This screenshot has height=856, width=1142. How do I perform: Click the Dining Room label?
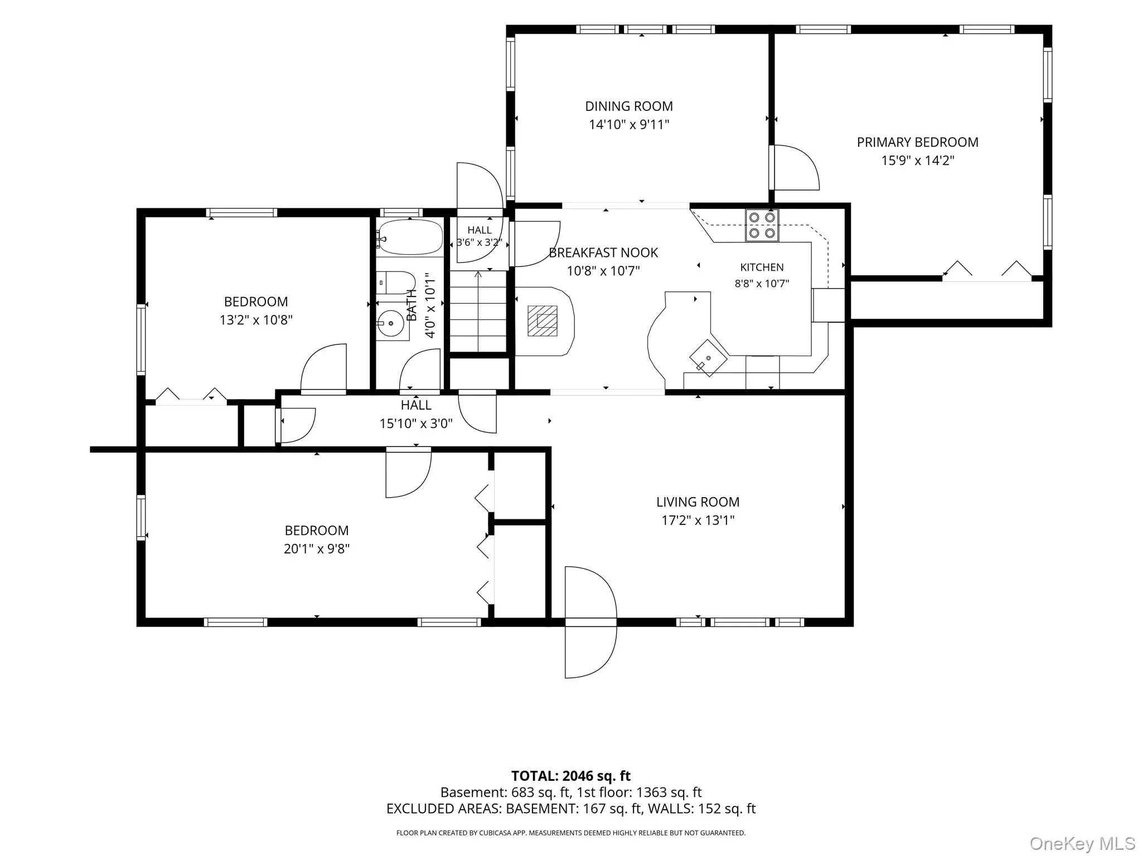pyautogui.click(x=629, y=106)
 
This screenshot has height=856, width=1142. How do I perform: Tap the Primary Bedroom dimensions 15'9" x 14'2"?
pyautogui.click(x=918, y=160)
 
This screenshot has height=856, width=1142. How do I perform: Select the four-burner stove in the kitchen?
pyautogui.click(x=762, y=225)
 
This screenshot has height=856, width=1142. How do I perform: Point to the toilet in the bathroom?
pyautogui.click(x=395, y=283)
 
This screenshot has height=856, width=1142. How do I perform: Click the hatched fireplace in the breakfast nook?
pyautogui.click(x=543, y=320)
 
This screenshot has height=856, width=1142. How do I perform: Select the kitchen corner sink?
pyautogui.click(x=708, y=358)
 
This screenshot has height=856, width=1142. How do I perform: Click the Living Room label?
pyautogui.click(x=698, y=502)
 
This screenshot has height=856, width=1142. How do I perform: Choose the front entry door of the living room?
pyautogui.click(x=591, y=622)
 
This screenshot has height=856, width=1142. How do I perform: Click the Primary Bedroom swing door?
pyautogui.click(x=794, y=167)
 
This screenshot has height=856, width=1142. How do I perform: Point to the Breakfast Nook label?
pyautogui.click(x=603, y=252)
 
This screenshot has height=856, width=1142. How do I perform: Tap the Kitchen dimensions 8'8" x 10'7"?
pyautogui.click(x=762, y=283)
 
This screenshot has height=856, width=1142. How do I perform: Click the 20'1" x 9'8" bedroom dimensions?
pyautogui.click(x=317, y=548)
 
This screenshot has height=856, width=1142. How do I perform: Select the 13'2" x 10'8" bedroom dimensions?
pyautogui.click(x=256, y=320)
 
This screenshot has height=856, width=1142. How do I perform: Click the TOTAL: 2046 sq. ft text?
pyautogui.click(x=571, y=776)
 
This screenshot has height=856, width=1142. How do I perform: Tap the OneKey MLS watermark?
pyautogui.click(x=1082, y=843)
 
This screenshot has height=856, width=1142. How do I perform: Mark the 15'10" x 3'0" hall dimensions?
pyautogui.click(x=416, y=424)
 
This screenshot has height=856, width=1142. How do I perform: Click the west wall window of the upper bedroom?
pyautogui.click(x=141, y=339)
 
